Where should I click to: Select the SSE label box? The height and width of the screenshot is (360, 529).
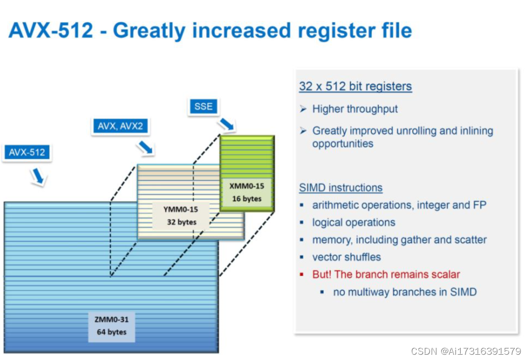click(x=203, y=106)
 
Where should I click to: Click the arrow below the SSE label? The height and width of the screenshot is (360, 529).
click(x=227, y=125)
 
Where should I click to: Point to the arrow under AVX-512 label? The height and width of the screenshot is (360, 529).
click(x=38, y=176)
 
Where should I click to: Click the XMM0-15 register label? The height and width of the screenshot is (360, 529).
click(x=247, y=186)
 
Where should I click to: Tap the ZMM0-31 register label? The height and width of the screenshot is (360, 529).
click(x=112, y=319)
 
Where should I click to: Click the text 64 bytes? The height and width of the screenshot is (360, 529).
click(x=112, y=332)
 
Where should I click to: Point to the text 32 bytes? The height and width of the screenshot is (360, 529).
click(x=182, y=222)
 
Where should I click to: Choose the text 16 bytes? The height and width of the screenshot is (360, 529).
click(x=247, y=199)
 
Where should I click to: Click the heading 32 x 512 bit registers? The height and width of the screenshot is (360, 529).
click(x=355, y=86)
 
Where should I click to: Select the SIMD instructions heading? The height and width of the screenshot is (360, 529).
click(x=341, y=188)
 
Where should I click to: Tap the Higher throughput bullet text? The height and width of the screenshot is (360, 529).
click(x=355, y=109)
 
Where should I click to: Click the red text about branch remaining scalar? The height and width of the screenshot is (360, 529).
click(x=386, y=274)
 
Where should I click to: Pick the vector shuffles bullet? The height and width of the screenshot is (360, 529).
click(x=346, y=257)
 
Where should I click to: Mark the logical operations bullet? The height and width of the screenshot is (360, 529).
click(x=354, y=222)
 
